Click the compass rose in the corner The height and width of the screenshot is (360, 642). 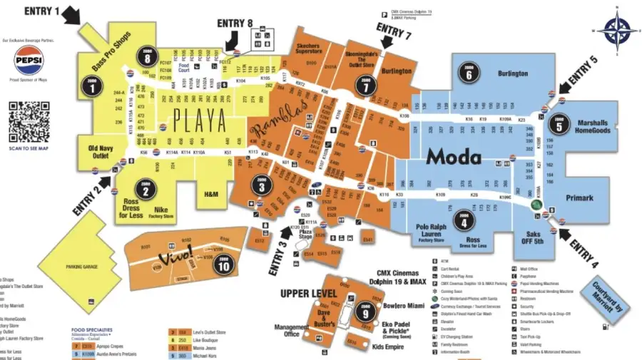point(616,30)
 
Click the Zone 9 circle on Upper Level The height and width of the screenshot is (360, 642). point(365,312)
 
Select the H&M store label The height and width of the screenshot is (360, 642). point(211,194)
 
